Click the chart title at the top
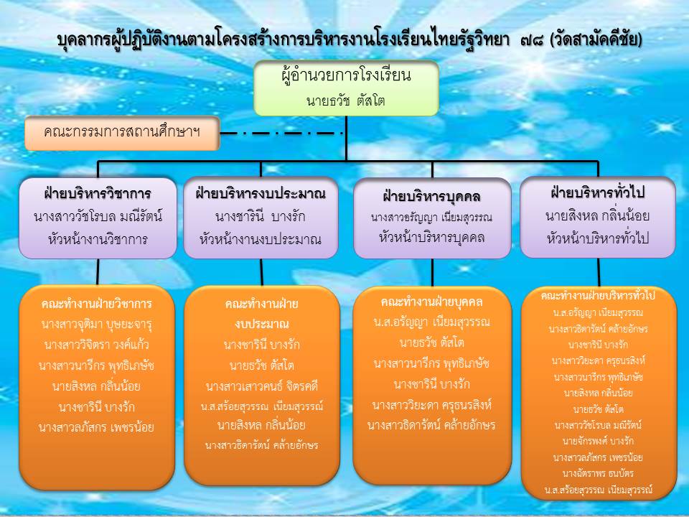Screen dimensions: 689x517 (350, 39)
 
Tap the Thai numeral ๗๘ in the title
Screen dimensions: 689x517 (532, 40)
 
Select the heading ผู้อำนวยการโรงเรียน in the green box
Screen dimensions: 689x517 (346, 75)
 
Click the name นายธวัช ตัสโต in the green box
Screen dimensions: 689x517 (346, 101)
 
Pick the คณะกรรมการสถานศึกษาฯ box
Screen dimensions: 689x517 (122, 134)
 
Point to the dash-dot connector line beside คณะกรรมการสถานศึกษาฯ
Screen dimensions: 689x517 (282, 134)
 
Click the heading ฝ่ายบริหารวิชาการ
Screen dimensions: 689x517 (98, 193)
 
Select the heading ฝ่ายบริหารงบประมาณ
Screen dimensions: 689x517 (261, 193)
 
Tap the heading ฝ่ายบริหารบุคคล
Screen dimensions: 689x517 (431, 196)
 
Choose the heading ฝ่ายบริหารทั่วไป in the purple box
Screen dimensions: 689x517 (598, 192)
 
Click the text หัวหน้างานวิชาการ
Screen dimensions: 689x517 (98, 240)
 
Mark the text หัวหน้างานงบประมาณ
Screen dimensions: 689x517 (261, 240)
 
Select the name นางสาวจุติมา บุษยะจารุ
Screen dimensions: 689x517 (97, 325)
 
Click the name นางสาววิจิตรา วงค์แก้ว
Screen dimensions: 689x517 (97, 345)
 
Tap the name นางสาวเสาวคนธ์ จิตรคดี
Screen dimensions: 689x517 (261, 386)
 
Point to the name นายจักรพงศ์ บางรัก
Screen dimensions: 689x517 (598, 441)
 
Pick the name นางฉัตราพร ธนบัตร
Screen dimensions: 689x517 (598, 473)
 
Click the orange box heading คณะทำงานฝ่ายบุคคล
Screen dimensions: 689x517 (431, 302)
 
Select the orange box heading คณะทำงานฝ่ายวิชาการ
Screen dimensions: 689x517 (97, 304)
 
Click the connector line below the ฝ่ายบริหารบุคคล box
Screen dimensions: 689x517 (432, 272)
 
